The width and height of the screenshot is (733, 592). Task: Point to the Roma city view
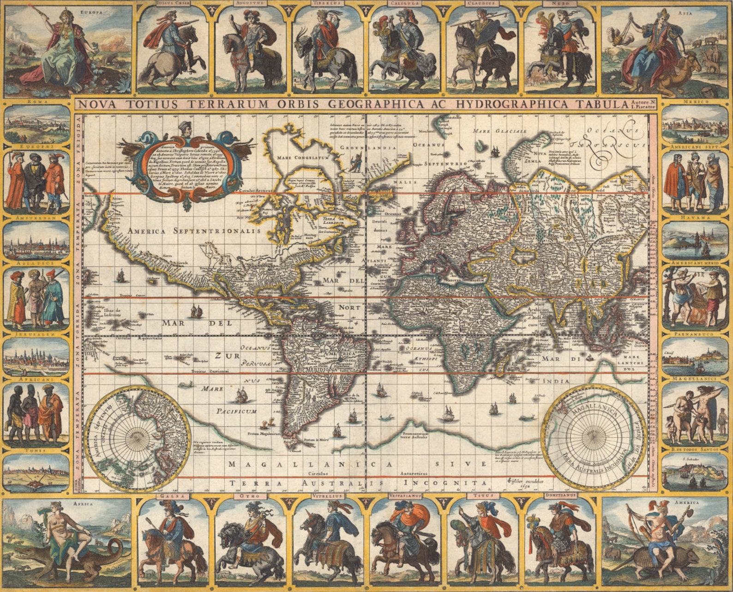click(x=37, y=123)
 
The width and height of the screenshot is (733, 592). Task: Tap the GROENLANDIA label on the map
click(x=368, y=147)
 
